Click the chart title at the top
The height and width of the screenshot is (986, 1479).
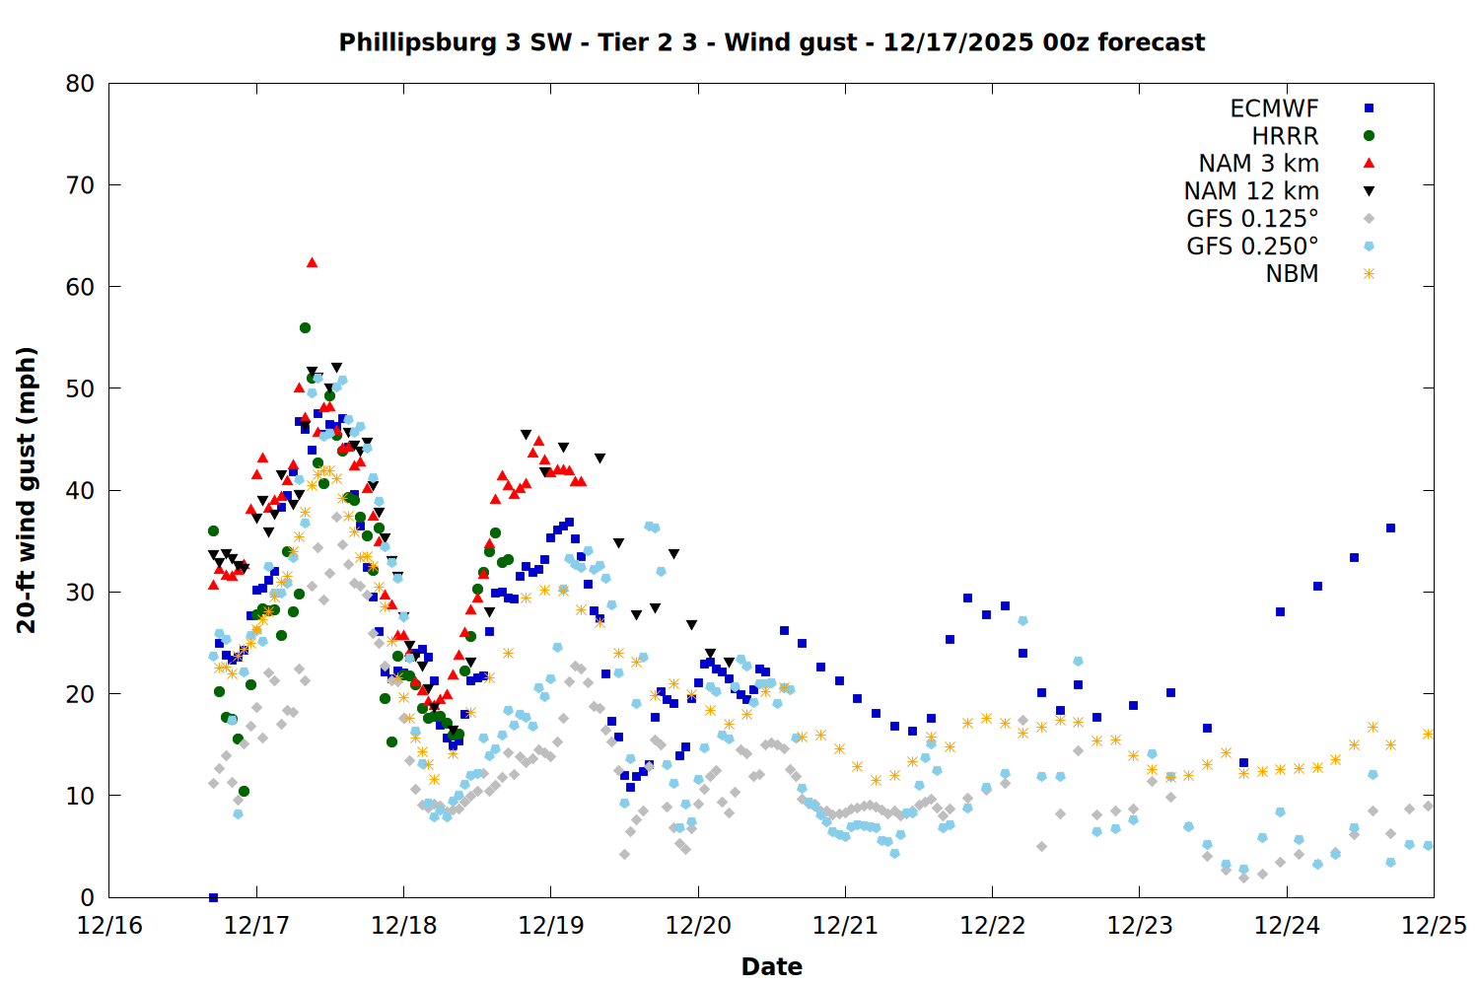click(771, 42)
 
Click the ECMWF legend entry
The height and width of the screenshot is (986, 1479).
click(1274, 108)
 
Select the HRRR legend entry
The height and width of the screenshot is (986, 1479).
click(1285, 136)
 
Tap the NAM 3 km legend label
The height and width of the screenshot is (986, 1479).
click(1258, 164)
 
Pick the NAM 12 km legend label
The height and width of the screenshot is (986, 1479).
click(1251, 191)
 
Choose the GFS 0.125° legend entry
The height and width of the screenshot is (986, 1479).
click(1252, 219)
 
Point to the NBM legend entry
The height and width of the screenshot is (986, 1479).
click(1292, 274)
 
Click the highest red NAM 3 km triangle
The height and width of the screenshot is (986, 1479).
click(312, 262)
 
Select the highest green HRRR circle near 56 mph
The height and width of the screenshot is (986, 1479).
click(305, 327)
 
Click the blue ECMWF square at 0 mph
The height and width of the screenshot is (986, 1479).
click(213, 897)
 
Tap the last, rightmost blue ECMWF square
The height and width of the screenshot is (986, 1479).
click(1390, 528)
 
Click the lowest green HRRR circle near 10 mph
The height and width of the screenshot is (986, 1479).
click(244, 791)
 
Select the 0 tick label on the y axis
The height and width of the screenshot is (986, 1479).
click(88, 897)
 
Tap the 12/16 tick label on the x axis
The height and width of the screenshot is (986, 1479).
click(109, 927)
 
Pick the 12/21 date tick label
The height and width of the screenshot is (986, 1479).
click(845, 927)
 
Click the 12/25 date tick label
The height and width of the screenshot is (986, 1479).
click(1434, 927)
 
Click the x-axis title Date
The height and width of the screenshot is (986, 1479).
click(771, 966)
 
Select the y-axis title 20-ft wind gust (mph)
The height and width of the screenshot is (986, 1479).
click(27, 490)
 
